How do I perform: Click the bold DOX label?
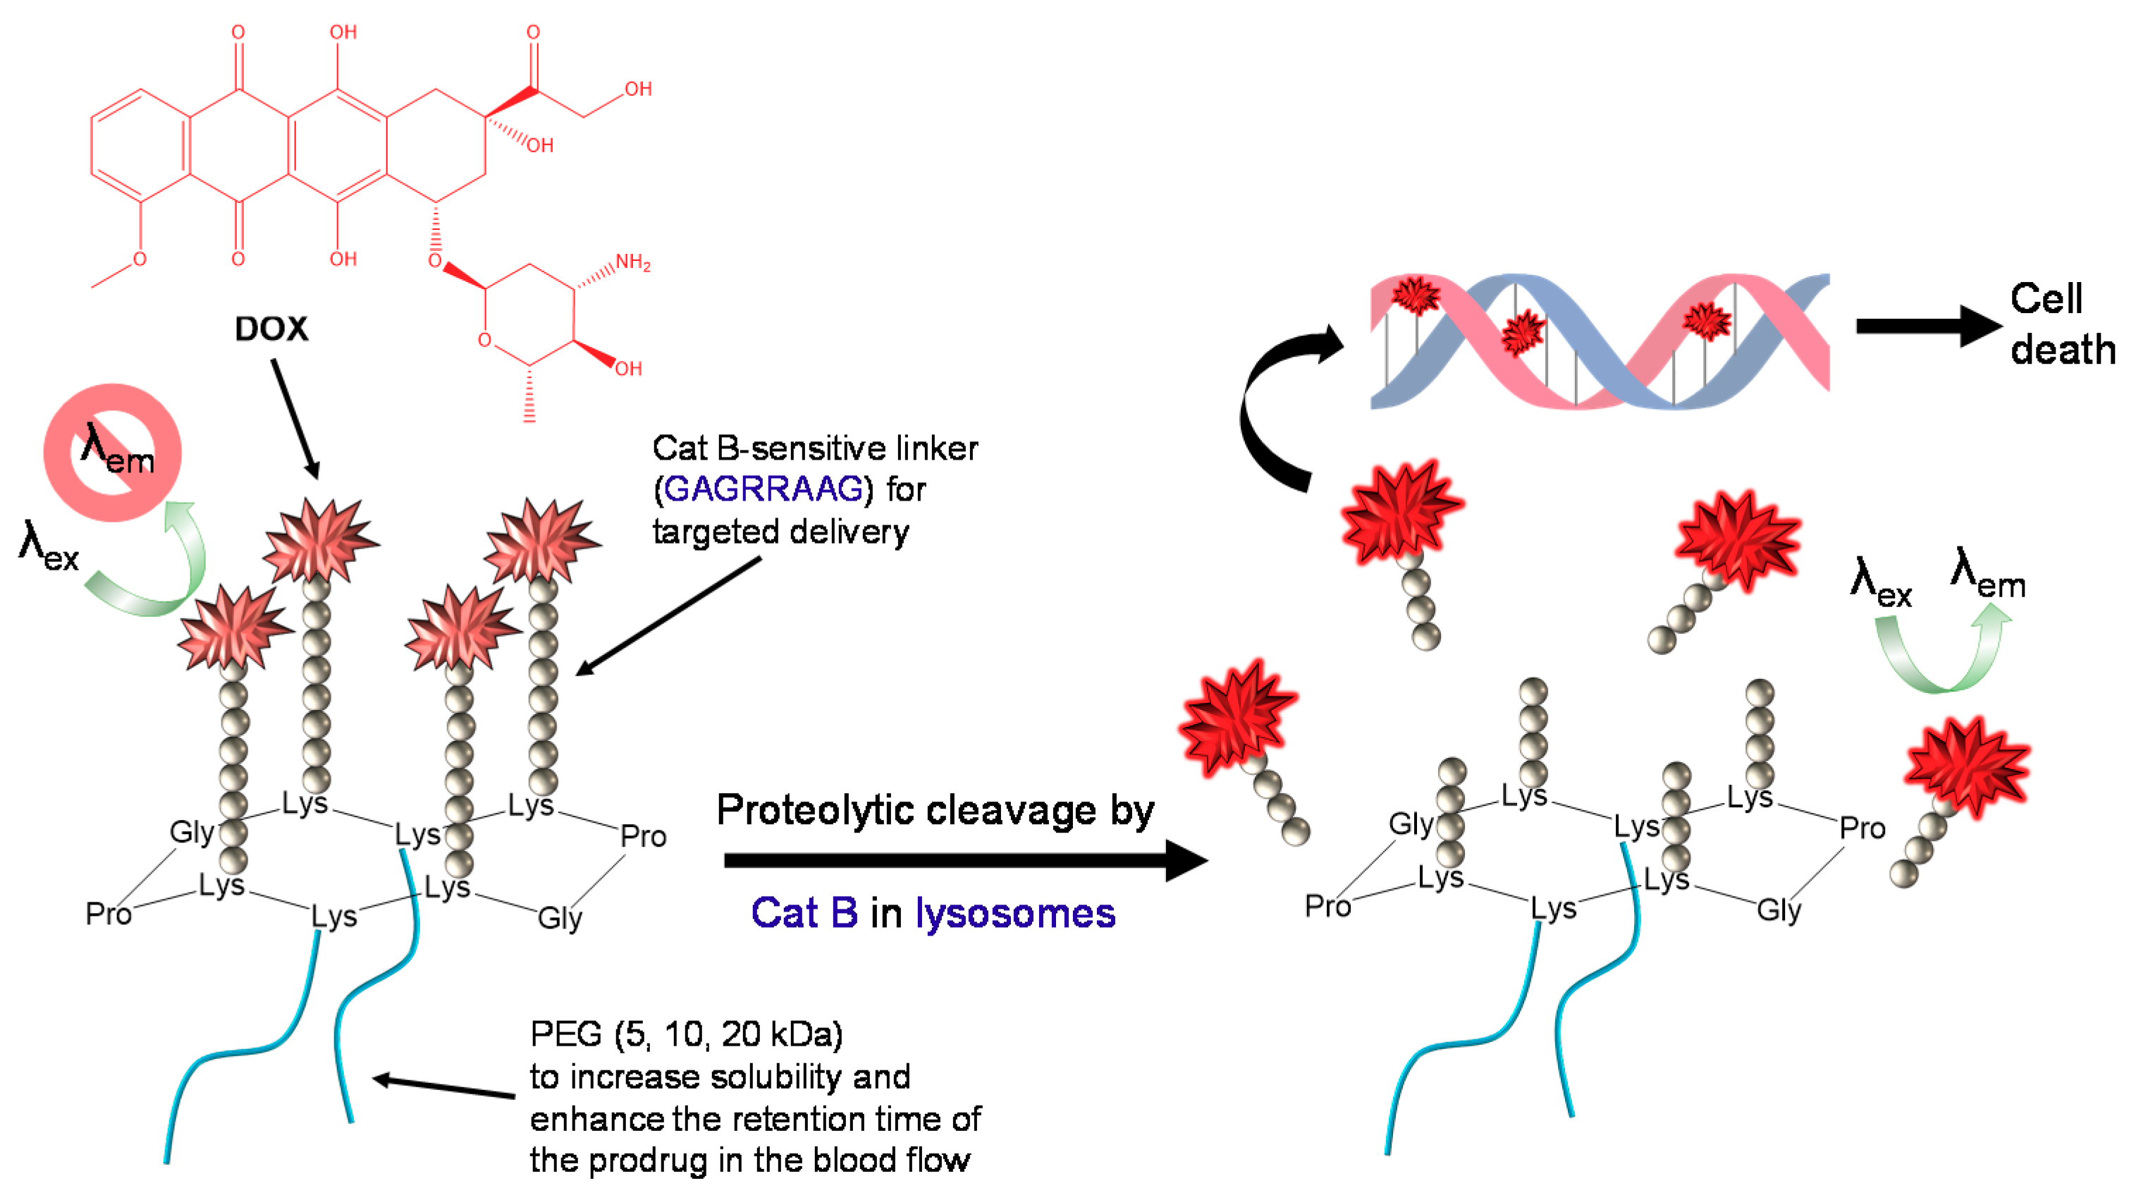271,329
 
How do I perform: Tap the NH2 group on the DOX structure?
632,263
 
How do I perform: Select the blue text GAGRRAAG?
763,489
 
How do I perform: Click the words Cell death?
2061,324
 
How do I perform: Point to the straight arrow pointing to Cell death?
1926,326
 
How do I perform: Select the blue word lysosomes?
1015,914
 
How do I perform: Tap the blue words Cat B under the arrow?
804,914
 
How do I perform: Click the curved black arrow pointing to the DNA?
1277,405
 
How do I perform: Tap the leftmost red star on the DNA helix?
1416,295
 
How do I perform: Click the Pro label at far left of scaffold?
109,914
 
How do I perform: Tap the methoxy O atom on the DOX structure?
140,259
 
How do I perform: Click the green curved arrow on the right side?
1942,653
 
